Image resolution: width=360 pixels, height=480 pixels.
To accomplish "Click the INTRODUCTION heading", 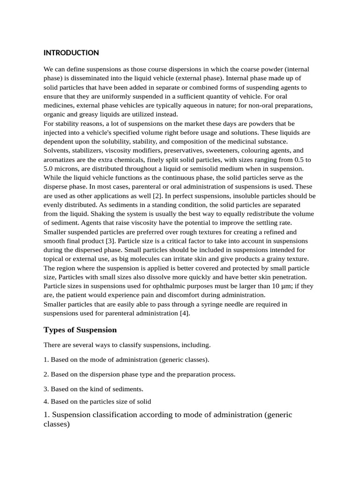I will (x=71, y=52).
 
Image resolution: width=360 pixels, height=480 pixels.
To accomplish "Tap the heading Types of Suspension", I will (x=80, y=330).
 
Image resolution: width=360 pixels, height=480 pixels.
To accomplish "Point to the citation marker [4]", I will (x=185, y=313).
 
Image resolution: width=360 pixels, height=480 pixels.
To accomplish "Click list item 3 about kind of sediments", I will (x=93, y=389).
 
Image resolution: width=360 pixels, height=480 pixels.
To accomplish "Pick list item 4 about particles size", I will (x=97, y=401).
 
